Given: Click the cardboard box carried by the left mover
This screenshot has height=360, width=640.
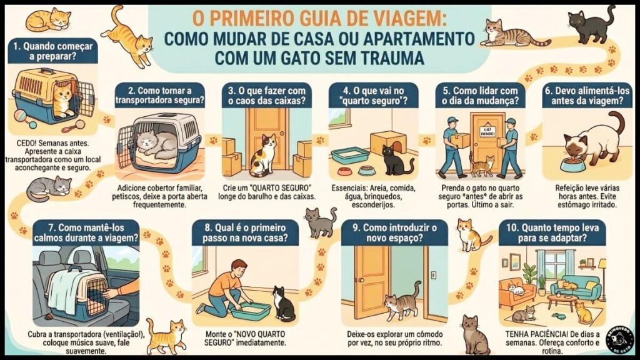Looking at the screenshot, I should [462, 141].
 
